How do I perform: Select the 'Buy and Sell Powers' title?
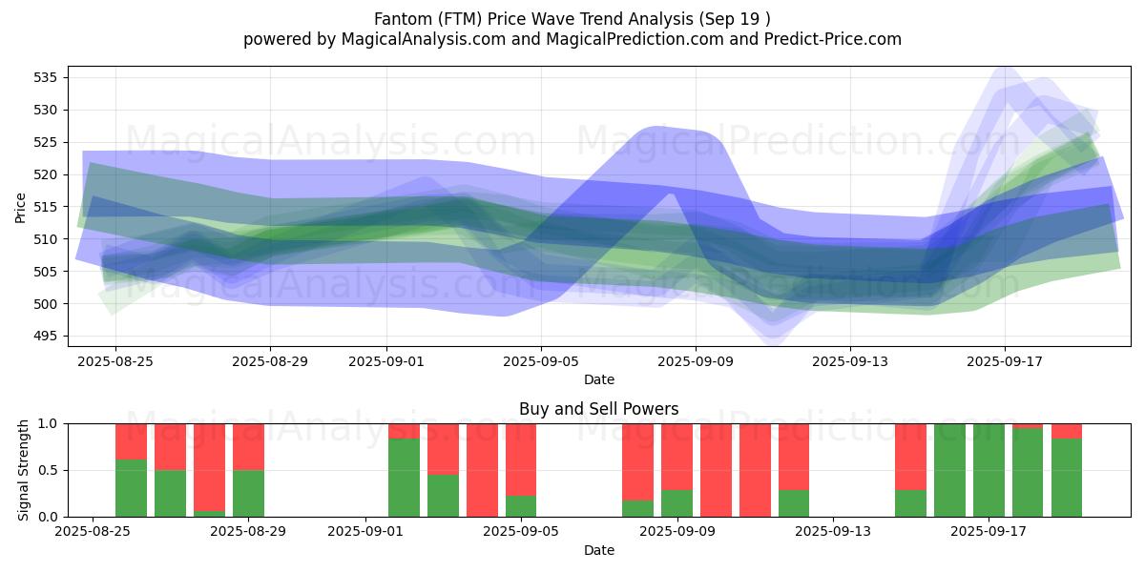[598, 409]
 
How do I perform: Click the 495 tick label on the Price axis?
[48, 336]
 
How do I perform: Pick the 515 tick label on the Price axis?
[48, 207]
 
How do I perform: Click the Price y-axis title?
[21, 207]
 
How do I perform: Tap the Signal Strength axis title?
[23, 470]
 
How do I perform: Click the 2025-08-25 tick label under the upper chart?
[114, 361]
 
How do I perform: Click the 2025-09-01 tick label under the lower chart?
[365, 530]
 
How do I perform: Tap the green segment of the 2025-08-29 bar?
[248, 493]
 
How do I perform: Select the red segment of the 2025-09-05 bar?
[521, 460]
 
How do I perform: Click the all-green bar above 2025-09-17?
[989, 470]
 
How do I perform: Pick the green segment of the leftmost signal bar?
[131, 488]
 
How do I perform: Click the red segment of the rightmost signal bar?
[1067, 431]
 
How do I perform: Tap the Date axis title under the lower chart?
[598, 550]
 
